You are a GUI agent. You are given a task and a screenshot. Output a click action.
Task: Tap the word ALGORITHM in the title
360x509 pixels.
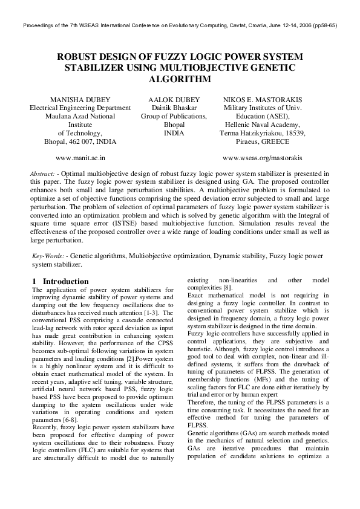180,79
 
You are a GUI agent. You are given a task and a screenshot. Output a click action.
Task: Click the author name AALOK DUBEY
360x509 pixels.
174,99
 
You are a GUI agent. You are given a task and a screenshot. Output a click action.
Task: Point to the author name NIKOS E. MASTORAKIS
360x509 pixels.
263,99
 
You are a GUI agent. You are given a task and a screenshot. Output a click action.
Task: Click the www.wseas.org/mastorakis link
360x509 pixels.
263,158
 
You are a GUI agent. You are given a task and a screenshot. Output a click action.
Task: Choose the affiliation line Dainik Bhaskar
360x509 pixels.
174,108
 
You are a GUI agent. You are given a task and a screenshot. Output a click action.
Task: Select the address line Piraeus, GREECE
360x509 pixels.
263,141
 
